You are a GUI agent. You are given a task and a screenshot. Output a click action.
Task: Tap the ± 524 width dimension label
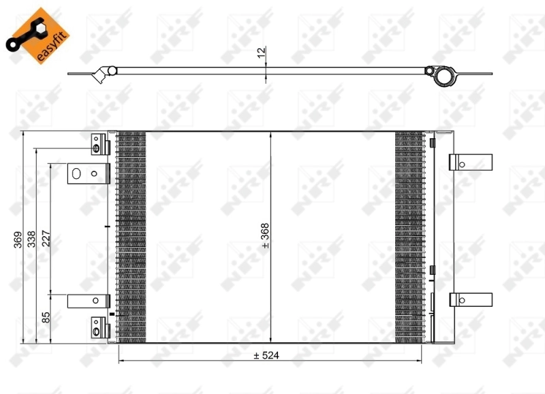coord(267,355)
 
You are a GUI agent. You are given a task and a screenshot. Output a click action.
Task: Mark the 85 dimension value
coord(46,317)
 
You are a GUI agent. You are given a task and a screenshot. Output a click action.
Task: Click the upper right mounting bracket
coord(471,163)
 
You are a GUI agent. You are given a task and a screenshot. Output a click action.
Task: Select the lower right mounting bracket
coord(471,299)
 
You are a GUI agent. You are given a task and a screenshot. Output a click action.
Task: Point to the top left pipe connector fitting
coord(99,145)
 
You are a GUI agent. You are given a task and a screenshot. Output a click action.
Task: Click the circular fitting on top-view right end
coord(443,74)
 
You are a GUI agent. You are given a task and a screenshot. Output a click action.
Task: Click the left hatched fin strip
coord(131,235)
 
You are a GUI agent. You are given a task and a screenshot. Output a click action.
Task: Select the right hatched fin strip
coord(409,235)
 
